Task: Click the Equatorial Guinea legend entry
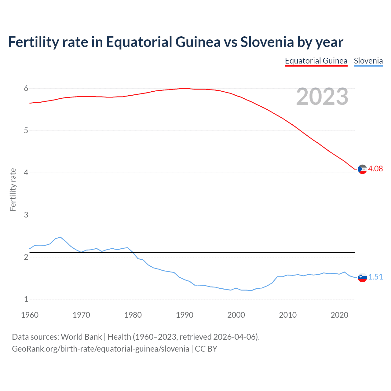pos(316,61)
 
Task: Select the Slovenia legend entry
pos(368,61)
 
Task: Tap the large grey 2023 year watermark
pos(322,97)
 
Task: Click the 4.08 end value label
pos(375,169)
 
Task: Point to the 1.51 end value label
pos(375,277)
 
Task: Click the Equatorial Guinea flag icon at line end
pos(362,169)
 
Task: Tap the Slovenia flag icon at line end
pos(362,277)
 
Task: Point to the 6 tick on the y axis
pos(26,89)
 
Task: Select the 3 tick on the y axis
pos(26,215)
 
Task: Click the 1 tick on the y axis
pos(26,299)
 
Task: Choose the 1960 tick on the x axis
pos(30,315)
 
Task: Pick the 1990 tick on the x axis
pos(185,315)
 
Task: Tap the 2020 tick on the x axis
pos(339,315)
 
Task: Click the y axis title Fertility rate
pos(13,189)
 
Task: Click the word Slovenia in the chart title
pos(267,42)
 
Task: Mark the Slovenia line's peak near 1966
pos(60,237)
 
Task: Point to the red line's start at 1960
pos(30,103)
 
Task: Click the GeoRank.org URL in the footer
pos(100,349)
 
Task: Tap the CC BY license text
pos(206,349)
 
